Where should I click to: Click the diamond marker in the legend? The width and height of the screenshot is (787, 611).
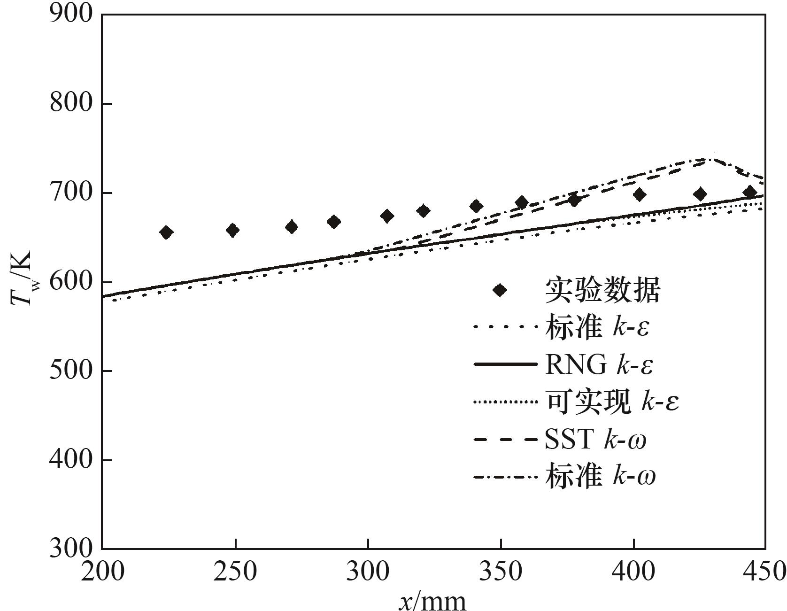pos(501,290)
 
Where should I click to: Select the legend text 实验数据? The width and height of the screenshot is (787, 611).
pos(603,290)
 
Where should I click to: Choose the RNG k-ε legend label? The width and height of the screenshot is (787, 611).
pos(599,365)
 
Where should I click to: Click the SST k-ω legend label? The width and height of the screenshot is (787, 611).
pos(595,440)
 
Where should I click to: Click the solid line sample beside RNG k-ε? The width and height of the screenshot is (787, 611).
pos(505,365)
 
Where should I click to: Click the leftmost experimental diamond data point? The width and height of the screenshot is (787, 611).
pos(166,232)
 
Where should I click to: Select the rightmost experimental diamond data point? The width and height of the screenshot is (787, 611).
pos(750,192)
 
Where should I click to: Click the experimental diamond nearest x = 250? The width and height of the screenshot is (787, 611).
pos(233,230)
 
